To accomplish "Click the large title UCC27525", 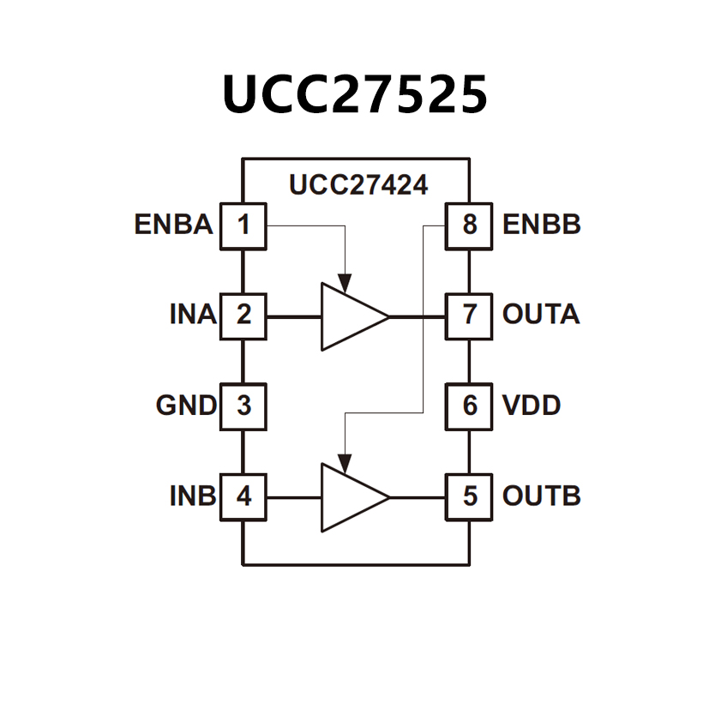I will click(354, 93).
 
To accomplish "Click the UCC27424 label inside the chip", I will click(358, 185).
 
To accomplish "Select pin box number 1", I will click(244, 225).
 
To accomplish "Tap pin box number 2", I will click(244, 315).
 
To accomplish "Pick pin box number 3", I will click(244, 406).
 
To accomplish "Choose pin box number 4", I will click(244, 496).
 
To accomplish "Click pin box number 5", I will click(469, 496).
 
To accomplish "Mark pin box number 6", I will click(469, 406).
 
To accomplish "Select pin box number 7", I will click(469, 315).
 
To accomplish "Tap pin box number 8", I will click(469, 225).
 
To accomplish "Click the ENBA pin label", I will click(173, 225).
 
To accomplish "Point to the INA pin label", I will click(192, 315).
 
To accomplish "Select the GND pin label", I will click(186, 406).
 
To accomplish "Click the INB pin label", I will click(192, 496).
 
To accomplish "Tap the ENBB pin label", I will click(542, 225).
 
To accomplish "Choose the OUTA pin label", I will click(541, 315).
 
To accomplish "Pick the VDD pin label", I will click(532, 406).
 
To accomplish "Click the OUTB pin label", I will click(542, 496).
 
